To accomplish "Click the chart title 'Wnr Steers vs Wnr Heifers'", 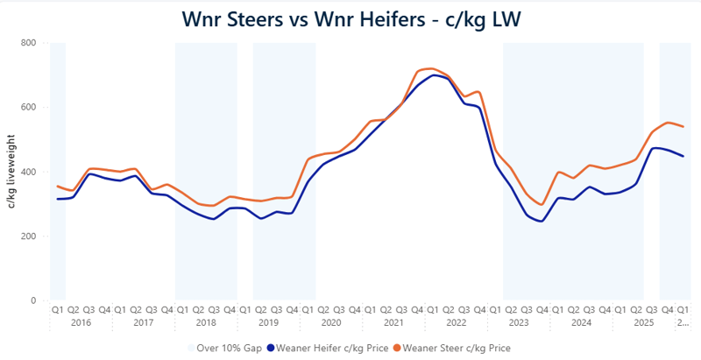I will tap(350, 18).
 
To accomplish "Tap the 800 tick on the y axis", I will tap(29, 43).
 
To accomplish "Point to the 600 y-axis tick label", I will tap(29, 108).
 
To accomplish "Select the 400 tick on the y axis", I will tap(29, 172).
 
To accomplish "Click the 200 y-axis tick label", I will tap(29, 236).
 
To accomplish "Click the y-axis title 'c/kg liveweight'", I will tap(12, 172).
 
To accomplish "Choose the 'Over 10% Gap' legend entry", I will tap(227, 347).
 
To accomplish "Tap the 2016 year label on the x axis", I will tap(81, 322).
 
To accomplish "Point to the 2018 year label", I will tap(206, 322).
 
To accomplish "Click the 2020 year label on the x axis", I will tap(331, 322).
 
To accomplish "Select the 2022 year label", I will tap(457, 322).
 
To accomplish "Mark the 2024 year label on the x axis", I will tap(582, 322).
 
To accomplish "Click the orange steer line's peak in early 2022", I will tap(431, 67).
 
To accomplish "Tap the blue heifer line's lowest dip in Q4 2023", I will tap(542, 221).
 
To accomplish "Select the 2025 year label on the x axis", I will tap(644, 322).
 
